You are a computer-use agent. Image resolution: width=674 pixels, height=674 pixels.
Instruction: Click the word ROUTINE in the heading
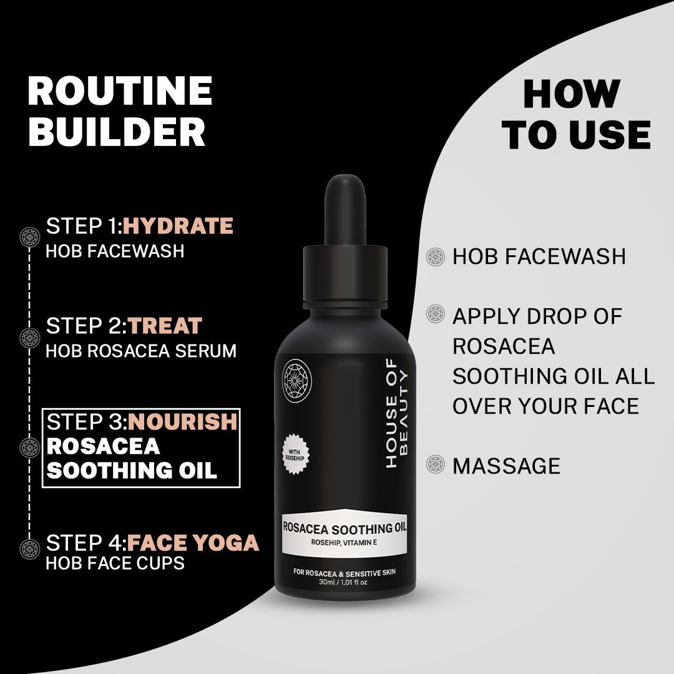tap(120, 91)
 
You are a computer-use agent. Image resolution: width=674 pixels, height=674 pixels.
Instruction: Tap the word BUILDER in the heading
tap(117, 132)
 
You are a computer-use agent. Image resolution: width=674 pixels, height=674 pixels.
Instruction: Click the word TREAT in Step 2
tap(165, 326)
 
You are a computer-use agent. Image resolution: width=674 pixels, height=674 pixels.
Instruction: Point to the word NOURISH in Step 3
tap(182, 422)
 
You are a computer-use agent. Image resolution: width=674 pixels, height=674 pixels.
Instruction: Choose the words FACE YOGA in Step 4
tap(193, 543)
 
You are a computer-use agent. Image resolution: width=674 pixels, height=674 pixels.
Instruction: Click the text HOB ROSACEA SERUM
tap(141, 351)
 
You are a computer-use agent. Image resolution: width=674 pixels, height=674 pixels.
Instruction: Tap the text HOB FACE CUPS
tap(115, 563)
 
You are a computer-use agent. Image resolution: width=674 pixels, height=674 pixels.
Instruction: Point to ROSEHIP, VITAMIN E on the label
tap(344, 542)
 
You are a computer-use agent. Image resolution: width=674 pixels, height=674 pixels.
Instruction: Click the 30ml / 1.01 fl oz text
tap(344, 582)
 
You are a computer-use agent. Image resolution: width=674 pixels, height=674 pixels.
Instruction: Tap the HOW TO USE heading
tap(577, 115)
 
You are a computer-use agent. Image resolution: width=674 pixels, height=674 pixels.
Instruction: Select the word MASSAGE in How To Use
tap(506, 466)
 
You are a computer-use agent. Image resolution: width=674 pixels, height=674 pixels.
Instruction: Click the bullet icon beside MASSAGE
tap(435, 464)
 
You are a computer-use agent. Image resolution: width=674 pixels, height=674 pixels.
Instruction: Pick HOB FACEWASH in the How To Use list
tap(539, 256)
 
